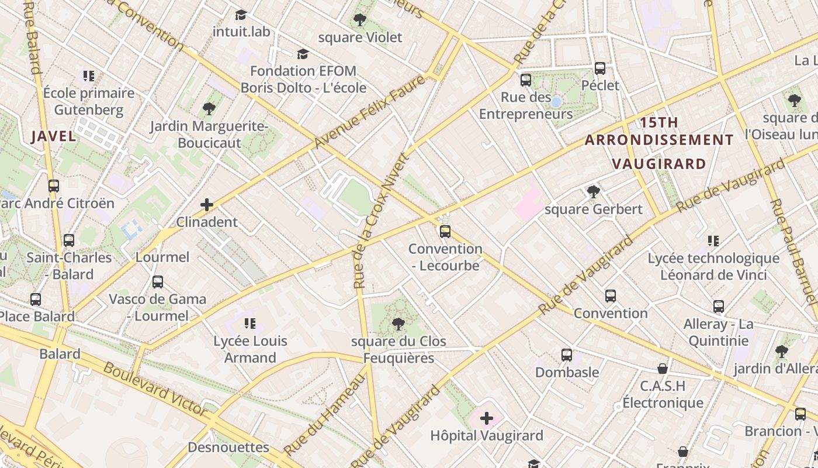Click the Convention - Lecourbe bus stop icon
[445, 232]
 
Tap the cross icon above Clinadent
[207, 205]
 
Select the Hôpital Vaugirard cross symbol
[486, 418]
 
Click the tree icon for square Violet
[360, 20]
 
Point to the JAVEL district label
[53, 136]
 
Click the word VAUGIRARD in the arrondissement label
[659, 163]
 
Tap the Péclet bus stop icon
[600, 68]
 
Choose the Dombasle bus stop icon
[566, 355]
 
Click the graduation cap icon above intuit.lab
[241, 15]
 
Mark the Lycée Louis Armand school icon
[250, 324]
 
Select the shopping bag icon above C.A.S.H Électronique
[663, 369]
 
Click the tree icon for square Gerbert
[593, 192]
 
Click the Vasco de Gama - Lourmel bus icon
[158, 282]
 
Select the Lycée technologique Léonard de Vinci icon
[713, 241]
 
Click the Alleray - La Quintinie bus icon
[719, 307]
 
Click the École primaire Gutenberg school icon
[89, 76]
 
